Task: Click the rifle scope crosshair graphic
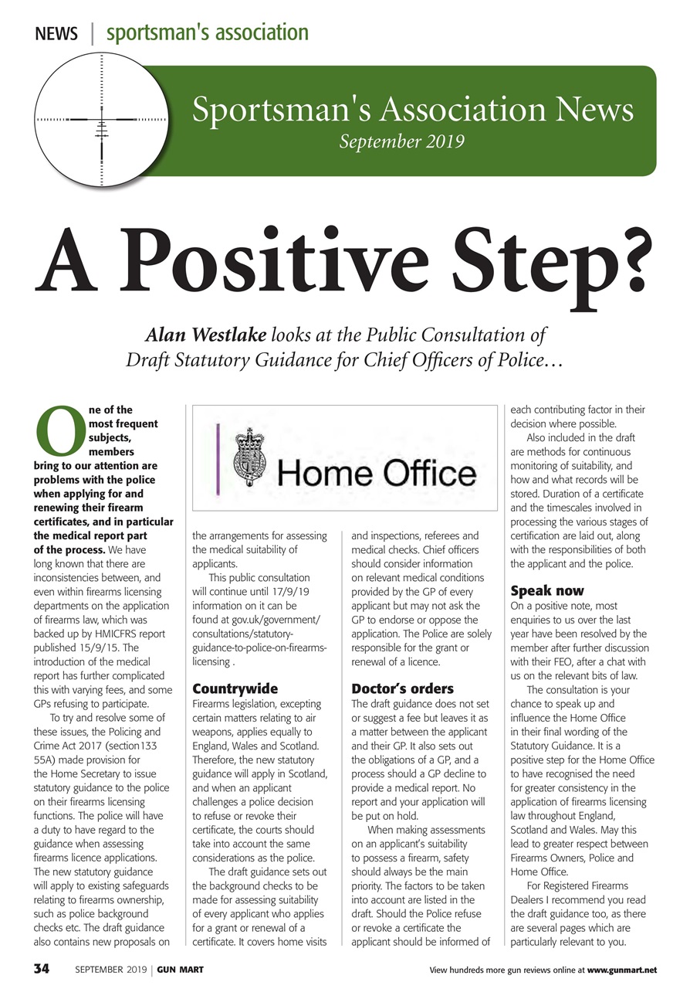click(x=101, y=121)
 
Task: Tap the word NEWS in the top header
click(x=56, y=34)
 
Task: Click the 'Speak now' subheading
click(x=547, y=591)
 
